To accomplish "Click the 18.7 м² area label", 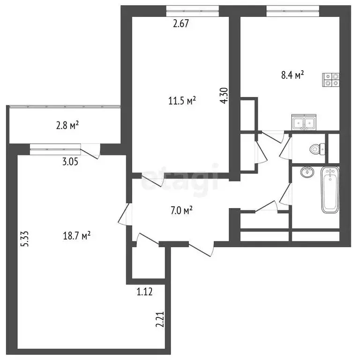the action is [77, 236].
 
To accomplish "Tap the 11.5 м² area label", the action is [182, 101].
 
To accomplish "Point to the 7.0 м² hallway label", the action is [181, 210].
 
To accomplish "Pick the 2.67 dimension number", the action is [180, 23].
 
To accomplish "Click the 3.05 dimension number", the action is [70, 162].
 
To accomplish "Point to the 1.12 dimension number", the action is [144, 292].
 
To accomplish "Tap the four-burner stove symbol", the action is [331, 80].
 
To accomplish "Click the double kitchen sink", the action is [304, 122].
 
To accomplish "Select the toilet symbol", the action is [317, 149].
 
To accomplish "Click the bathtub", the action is [330, 190].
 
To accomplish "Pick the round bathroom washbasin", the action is [307, 172].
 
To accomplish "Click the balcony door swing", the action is [90, 151].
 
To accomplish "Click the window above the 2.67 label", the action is [192, 11].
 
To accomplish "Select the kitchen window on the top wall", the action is [292, 11].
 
